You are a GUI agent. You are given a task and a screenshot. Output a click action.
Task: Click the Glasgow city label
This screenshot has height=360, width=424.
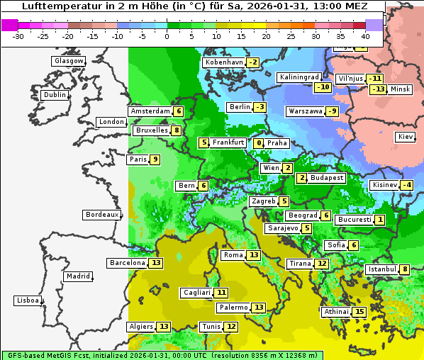click(x=68, y=61)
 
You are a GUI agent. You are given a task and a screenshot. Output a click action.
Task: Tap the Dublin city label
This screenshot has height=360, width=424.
click(x=54, y=95)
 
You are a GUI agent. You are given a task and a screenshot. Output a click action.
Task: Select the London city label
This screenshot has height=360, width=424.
click(x=111, y=122)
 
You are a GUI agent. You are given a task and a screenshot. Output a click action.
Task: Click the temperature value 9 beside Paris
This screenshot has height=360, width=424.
click(x=155, y=159)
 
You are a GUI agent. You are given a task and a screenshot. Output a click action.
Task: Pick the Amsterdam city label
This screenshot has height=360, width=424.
click(x=150, y=111)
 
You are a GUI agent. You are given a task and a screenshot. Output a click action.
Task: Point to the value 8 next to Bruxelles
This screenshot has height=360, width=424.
click(x=177, y=130)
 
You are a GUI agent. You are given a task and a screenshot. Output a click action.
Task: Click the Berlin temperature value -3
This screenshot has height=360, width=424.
click(x=260, y=107)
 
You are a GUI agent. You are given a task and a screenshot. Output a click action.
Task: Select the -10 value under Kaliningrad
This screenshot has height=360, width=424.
click(x=323, y=87)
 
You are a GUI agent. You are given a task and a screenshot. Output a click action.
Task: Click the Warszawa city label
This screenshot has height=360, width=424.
click(x=305, y=111)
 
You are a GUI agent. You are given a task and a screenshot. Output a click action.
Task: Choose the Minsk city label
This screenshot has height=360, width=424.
click(x=400, y=89)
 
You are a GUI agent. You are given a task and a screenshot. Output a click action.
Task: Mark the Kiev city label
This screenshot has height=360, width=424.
click(x=406, y=137)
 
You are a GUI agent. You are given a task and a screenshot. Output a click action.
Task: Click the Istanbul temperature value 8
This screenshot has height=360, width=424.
click(x=405, y=269)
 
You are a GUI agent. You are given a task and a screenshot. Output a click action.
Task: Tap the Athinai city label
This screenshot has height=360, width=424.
click(x=336, y=312)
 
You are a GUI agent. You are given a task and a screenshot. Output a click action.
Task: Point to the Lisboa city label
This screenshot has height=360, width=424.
click(x=27, y=300)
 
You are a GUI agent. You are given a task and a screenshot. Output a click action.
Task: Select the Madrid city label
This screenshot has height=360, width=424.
click(x=77, y=276)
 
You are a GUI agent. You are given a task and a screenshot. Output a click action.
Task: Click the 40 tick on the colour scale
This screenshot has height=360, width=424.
click(x=366, y=36)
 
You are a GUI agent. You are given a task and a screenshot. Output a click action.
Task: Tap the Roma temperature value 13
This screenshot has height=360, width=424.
click(x=254, y=255)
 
